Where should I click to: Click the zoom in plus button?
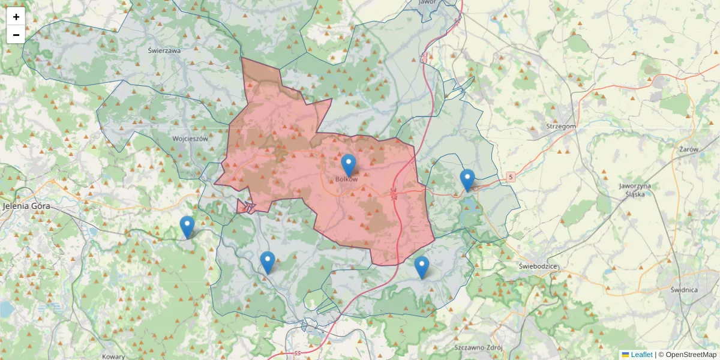[x=16, y=17]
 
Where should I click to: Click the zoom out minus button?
[x=16, y=35]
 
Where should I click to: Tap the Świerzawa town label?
[x=164, y=51]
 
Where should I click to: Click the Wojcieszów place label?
[x=190, y=138]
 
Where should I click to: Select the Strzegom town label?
[x=562, y=126]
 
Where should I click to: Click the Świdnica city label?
[x=684, y=290]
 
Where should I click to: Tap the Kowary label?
[x=113, y=356]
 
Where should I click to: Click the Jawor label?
[x=427, y=2]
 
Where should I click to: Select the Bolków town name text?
[x=347, y=179]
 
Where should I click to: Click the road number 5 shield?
[x=510, y=177]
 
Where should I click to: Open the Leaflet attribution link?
[x=641, y=355]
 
